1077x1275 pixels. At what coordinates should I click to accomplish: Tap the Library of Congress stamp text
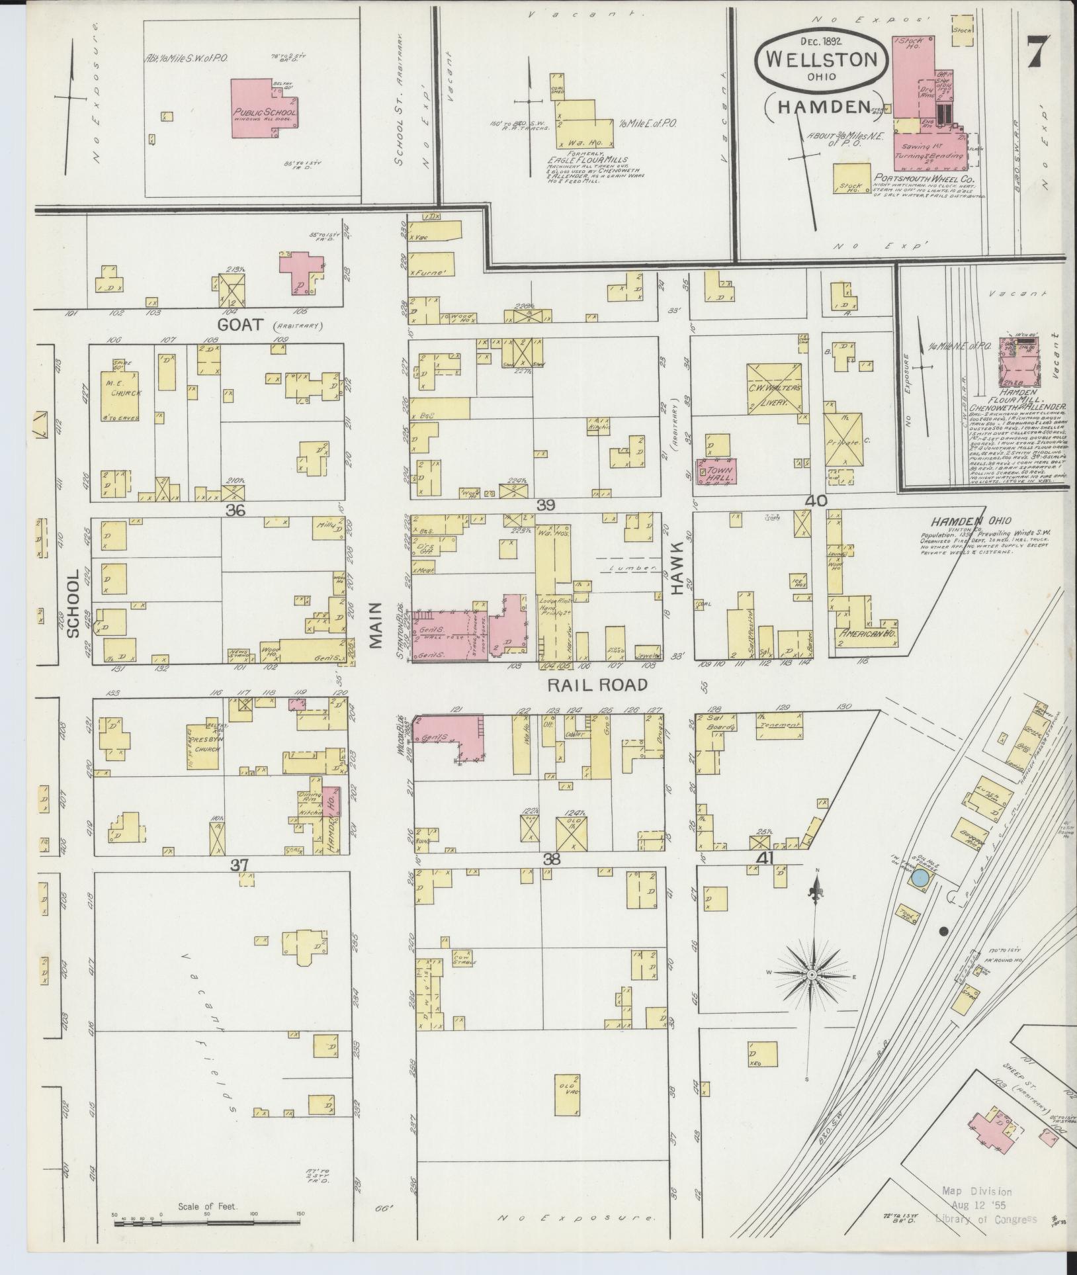click(986, 1237)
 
